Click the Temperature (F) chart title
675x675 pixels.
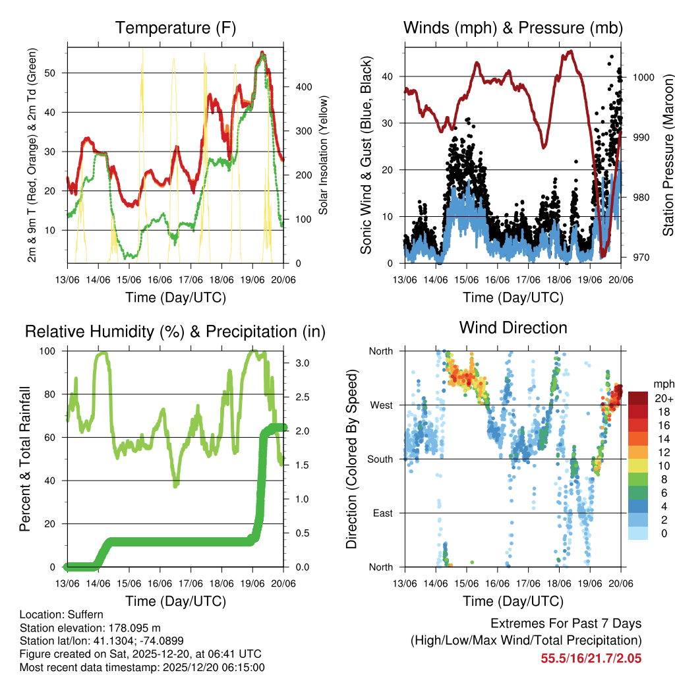(x=175, y=28)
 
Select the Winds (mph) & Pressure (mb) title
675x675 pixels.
(x=513, y=28)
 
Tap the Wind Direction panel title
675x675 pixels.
(x=513, y=327)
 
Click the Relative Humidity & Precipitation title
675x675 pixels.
(x=175, y=332)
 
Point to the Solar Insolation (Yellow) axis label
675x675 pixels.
(x=324, y=155)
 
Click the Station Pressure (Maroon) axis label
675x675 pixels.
(x=668, y=155)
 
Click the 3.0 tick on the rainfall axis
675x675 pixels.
(x=297, y=363)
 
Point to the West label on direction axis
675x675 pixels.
(x=381, y=405)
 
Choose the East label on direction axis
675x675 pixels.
(x=382, y=513)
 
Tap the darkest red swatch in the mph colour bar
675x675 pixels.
(x=639, y=398)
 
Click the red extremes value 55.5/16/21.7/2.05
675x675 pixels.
(x=591, y=658)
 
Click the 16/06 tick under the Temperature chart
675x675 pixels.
(x=160, y=278)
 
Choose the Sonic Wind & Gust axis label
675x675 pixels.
(x=367, y=155)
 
